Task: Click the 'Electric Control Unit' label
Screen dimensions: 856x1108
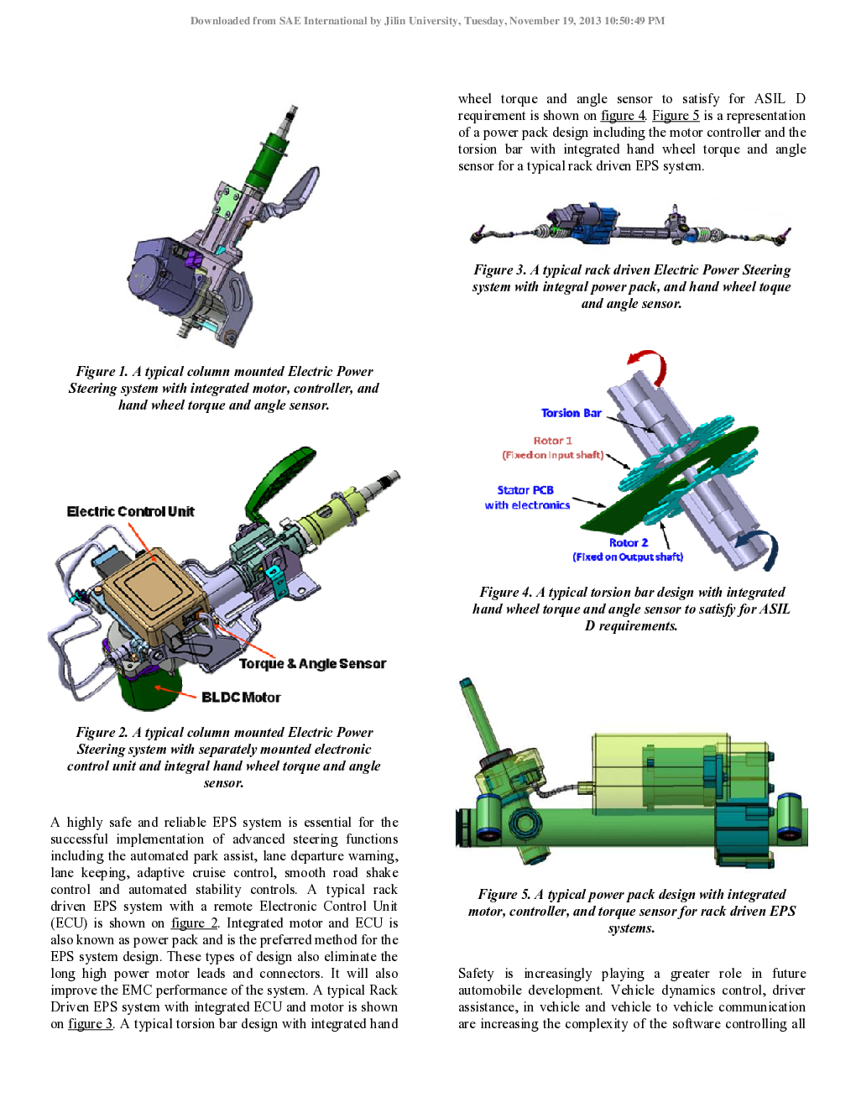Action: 131,511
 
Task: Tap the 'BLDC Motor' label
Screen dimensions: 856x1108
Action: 241,697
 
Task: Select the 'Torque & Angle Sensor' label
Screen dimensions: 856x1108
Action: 312,663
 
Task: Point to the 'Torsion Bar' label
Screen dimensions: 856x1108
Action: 571,412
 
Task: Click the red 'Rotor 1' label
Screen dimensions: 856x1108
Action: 553,441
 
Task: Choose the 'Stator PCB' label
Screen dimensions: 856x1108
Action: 525,490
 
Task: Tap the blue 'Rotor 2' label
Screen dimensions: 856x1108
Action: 629,542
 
